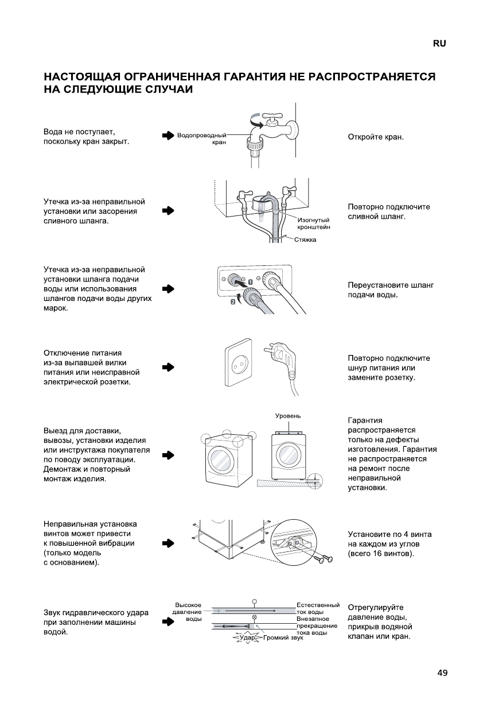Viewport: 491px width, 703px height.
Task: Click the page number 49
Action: coord(442,673)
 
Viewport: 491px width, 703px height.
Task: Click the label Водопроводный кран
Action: coord(202,138)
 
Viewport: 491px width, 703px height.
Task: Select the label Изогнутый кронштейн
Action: coord(313,223)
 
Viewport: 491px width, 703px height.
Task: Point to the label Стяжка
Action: coord(305,240)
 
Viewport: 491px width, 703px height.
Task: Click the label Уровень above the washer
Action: coord(288,415)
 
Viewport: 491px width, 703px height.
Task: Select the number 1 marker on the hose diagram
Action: coord(250,282)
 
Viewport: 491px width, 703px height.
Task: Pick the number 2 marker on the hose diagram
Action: coord(233,302)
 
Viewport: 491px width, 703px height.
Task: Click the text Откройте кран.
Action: coord(376,137)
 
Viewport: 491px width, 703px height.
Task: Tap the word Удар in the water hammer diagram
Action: coord(247,638)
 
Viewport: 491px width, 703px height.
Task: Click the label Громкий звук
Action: coord(283,638)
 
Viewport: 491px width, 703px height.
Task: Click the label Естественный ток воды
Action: coord(318,608)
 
